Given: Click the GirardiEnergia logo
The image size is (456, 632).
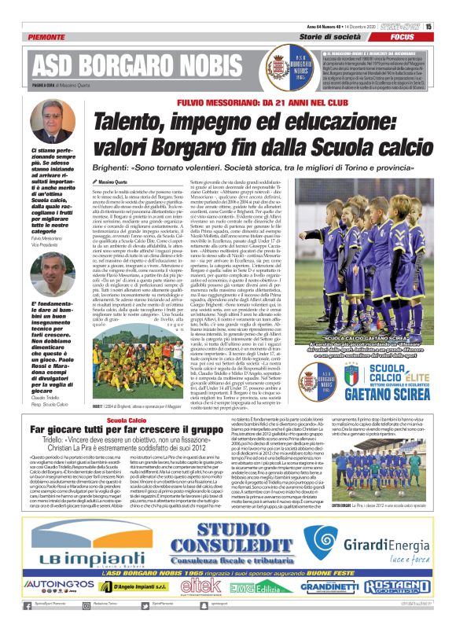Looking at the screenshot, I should click(x=376, y=557).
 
